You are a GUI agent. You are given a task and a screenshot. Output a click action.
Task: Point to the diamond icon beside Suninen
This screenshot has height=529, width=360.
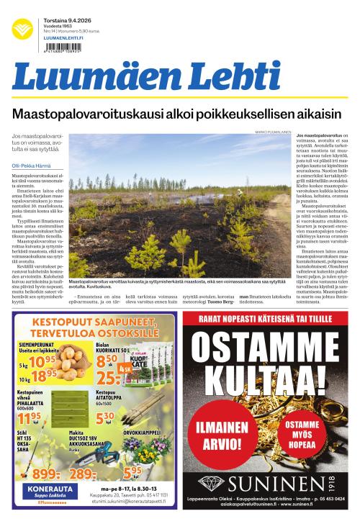tap(212, 481)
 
